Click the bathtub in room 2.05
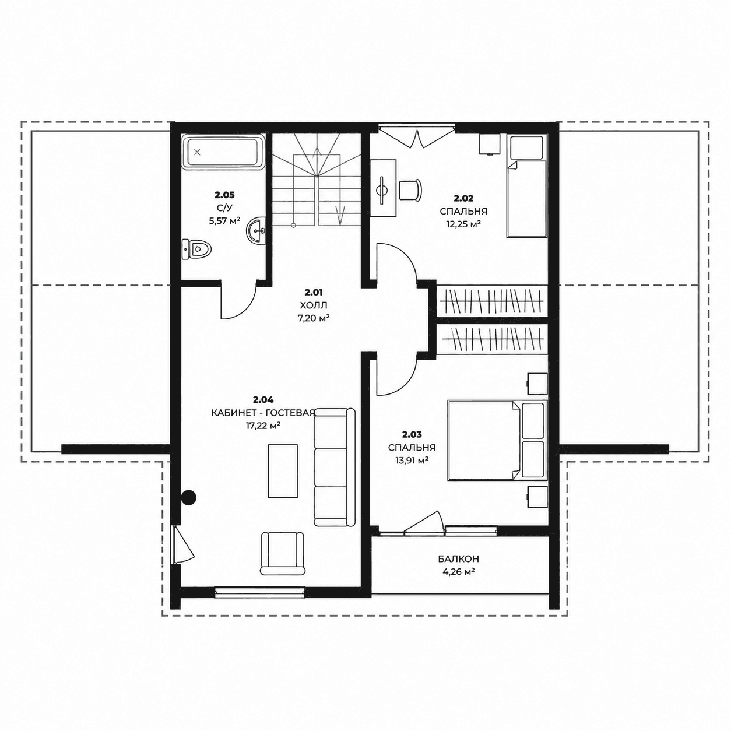point(224,153)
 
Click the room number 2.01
point(314,292)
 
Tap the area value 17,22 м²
point(263,426)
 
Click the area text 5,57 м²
point(224,221)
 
